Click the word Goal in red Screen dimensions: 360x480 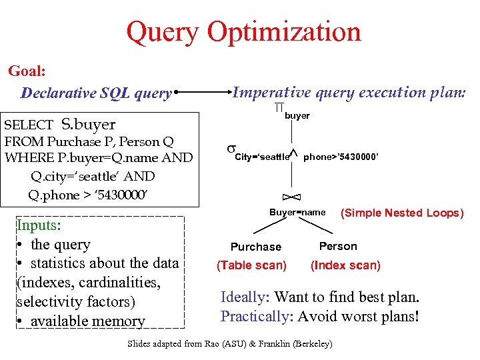(x=26, y=70)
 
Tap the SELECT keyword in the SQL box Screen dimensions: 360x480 (x=29, y=125)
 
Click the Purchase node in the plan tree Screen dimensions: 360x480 (x=256, y=247)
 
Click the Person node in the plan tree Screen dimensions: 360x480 (x=338, y=246)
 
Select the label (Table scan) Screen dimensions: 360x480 (x=252, y=265)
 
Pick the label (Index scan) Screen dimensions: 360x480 (x=345, y=265)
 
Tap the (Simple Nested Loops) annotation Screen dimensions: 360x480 (x=402, y=213)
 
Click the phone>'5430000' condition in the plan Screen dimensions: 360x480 (x=341, y=157)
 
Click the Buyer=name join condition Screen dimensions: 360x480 (x=297, y=213)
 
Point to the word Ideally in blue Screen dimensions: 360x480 (x=244, y=297)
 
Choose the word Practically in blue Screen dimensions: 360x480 (x=256, y=315)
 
